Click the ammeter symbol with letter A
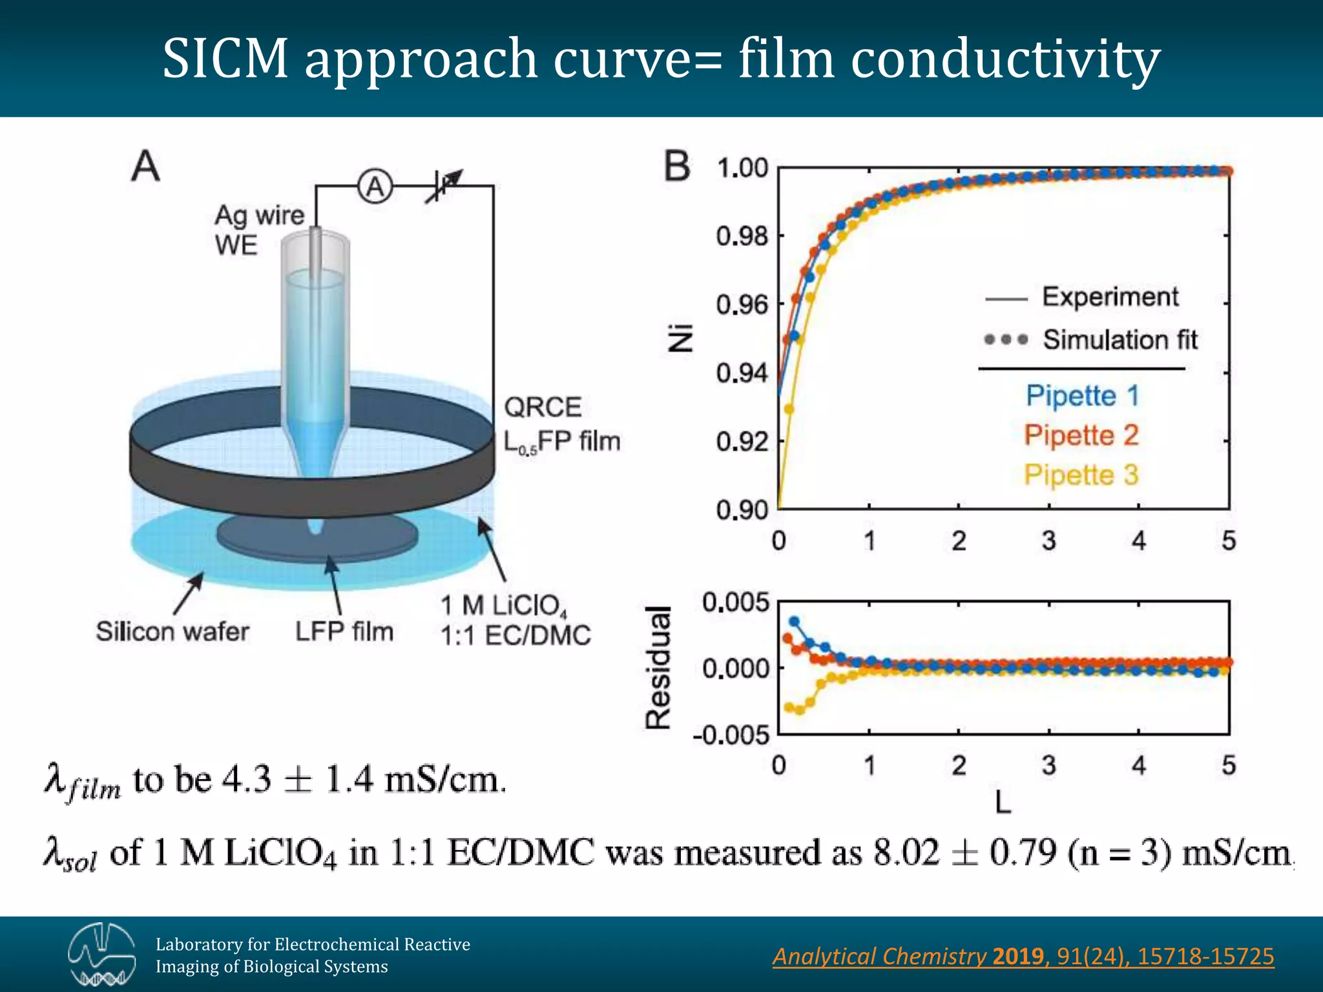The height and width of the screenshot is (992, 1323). [375, 187]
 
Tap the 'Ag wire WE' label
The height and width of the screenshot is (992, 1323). [258, 229]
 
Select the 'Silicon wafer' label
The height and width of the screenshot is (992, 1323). [172, 631]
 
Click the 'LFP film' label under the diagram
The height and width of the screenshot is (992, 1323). [344, 631]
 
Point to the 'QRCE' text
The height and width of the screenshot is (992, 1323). [543, 408]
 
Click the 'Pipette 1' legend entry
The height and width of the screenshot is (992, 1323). [1082, 395]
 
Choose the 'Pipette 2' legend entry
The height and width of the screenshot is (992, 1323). [1081, 435]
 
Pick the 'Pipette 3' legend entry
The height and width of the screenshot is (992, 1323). [1081, 475]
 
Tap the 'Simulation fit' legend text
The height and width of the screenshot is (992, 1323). [1120, 339]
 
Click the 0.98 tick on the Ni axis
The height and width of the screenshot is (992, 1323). [742, 236]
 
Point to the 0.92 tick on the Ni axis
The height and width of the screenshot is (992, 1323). [742, 442]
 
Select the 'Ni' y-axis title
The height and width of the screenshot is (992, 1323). [680, 338]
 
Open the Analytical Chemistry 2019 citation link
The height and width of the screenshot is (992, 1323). [1023, 956]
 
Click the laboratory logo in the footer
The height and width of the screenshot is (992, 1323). [102, 955]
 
